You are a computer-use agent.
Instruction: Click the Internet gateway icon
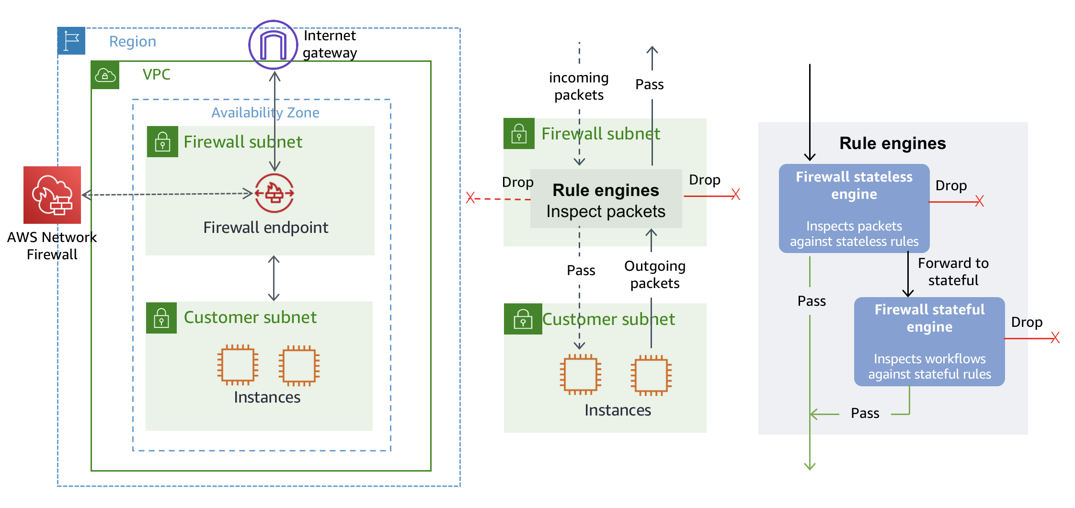pyautogui.click(x=273, y=45)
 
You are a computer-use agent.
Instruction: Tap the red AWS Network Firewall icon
pyautogui.click(x=52, y=195)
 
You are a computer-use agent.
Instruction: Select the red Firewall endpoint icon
pyautogui.click(x=274, y=193)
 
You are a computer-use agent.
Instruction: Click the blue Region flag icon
pyautogui.click(x=71, y=41)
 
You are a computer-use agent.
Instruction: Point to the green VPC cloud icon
pyautogui.click(x=105, y=75)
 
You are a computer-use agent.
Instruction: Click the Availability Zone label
pyautogui.click(x=265, y=113)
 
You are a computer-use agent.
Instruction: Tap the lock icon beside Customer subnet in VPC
pyautogui.click(x=161, y=318)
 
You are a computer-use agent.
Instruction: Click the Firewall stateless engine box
pyautogui.click(x=854, y=208)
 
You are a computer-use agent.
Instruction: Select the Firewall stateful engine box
pyautogui.click(x=929, y=341)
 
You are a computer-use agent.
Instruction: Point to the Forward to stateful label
pyautogui.click(x=953, y=272)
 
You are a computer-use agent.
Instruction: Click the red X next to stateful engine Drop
pyautogui.click(x=1055, y=338)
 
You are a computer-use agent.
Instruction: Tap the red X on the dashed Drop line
pyautogui.click(x=470, y=197)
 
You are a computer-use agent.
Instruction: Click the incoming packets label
pyautogui.click(x=579, y=86)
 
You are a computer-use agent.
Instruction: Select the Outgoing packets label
pyautogui.click(x=654, y=275)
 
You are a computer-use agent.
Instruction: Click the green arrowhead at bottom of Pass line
pyautogui.click(x=810, y=466)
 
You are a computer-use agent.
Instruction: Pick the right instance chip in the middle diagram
pyautogui.click(x=651, y=375)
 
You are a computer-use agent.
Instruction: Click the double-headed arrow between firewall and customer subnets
pyautogui.click(x=274, y=278)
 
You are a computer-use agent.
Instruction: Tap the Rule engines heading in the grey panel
pyautogui.click(x=892, y=143)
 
